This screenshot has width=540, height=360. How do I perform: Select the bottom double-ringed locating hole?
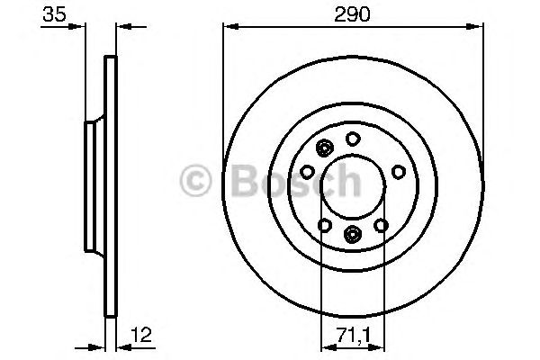353,235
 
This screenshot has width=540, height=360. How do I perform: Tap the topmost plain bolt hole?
354,139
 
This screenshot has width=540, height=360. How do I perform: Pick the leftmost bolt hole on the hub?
307,171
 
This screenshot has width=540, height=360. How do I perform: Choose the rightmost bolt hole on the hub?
400,169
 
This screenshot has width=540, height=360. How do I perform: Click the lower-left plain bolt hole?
325,225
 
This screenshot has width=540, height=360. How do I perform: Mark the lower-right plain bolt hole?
382,225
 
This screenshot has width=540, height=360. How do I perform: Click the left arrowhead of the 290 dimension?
227,27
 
